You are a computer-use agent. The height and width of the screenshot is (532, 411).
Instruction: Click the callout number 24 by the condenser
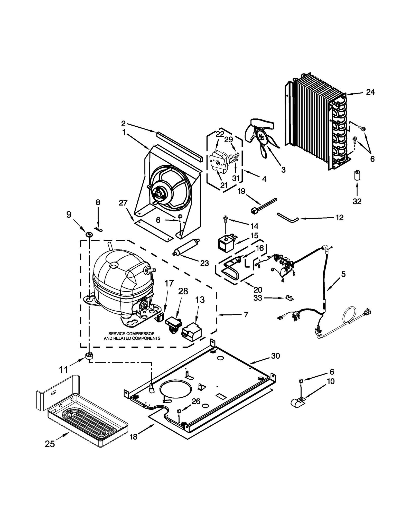tap(370, 92)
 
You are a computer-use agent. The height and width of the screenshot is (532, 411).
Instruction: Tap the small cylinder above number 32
tap(357, 175)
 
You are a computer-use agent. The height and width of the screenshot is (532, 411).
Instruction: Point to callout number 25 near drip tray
tap(50, 444)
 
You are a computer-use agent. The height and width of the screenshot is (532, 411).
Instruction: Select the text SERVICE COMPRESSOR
tap(131, 333)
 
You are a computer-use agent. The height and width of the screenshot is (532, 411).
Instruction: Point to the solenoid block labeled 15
tap(225, 243)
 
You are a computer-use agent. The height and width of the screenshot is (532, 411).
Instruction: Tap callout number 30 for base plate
tap(275, 356)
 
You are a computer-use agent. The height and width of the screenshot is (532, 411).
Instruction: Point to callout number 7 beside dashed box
tap(246, 314)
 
